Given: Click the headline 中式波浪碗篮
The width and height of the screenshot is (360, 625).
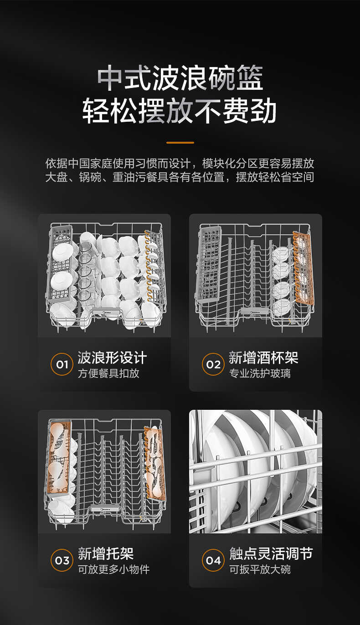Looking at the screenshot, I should (180, 78).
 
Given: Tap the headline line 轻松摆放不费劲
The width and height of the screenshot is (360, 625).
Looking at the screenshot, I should (180, 111).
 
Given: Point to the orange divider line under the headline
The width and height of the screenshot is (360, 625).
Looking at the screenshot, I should (180, 143).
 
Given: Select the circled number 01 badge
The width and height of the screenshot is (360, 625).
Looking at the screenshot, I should (62, 365).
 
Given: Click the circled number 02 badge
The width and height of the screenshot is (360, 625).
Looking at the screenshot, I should (213, 365).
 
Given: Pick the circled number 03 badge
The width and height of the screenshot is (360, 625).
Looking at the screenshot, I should (62, 560).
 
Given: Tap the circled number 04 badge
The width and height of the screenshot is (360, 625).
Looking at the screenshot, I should (213, 560).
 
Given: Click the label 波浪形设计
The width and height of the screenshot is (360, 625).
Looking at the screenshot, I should (112, 358).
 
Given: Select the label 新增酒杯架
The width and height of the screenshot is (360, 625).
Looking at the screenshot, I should (263, 358).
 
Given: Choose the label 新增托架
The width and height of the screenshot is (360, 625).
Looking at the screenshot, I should (106, 554).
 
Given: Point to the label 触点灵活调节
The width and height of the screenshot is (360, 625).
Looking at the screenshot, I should (271, 554).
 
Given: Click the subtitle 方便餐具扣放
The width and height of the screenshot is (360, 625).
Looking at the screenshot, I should (108, 374).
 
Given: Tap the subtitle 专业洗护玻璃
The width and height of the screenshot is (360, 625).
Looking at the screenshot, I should (260, 374).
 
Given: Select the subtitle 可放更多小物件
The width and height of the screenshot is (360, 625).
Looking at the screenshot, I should (113, 569).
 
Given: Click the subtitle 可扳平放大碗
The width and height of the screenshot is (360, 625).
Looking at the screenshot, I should (260, 569).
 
